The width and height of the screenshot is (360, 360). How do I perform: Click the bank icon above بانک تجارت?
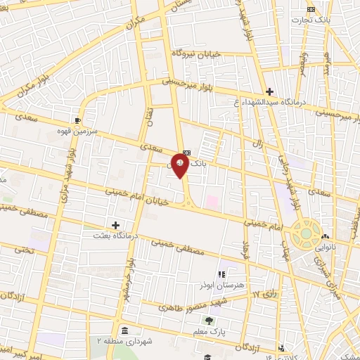pyautogui.click(x=311, y=9)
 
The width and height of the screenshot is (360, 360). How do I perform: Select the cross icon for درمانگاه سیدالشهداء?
pyautogui.click(x=269, y=91)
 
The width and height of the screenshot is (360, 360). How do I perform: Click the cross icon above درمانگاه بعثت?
pyautogui.click(x=116, y=224)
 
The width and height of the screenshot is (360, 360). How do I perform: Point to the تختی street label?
pyautogui.click(x=24, y=250)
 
